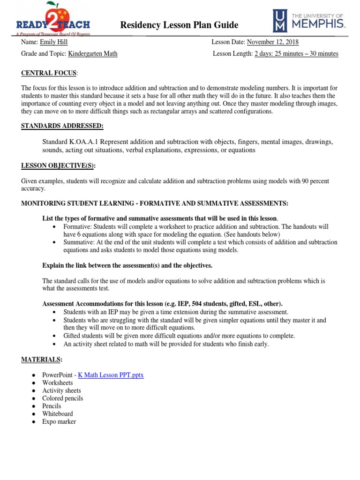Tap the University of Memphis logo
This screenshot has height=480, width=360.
[309, 22]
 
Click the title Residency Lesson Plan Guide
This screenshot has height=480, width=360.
[180, 25]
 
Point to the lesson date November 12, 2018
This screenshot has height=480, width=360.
[273, 42]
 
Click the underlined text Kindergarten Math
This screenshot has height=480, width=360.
[93, 54]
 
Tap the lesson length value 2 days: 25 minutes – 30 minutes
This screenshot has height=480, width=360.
[296, 54]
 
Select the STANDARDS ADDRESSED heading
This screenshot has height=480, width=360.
[62, 126]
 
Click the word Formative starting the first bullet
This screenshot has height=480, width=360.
[78, 226]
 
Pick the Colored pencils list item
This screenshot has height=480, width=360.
[62, 398]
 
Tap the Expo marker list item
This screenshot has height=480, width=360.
[59, 422]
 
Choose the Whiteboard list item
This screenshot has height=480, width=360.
[57, 414]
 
